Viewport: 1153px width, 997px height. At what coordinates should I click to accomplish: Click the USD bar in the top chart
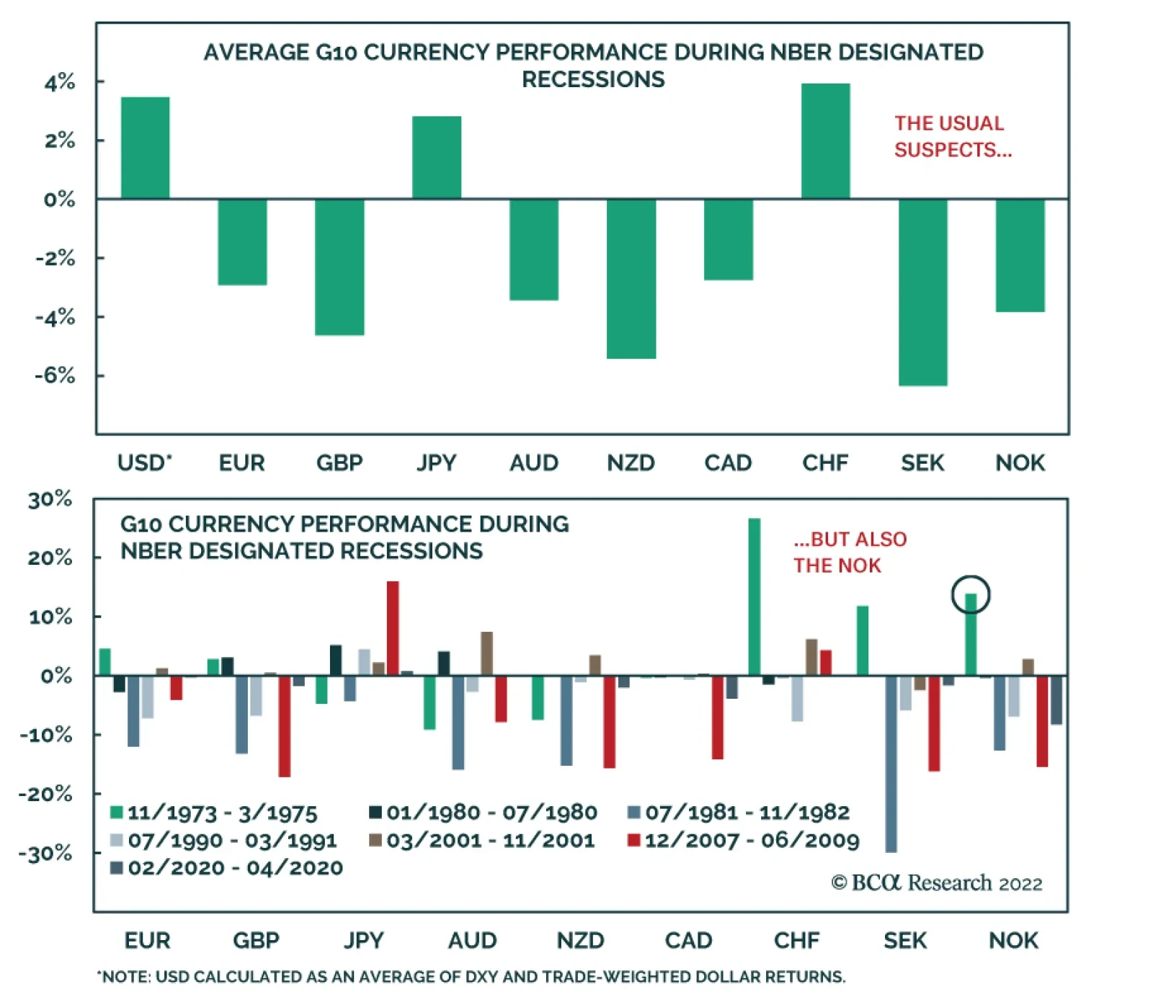145,148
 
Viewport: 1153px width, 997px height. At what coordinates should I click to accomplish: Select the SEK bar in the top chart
922,292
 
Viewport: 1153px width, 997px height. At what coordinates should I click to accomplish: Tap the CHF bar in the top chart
825,141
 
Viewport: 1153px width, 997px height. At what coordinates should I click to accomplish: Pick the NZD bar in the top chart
631,278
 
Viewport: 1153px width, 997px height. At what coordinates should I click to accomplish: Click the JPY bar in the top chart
437,157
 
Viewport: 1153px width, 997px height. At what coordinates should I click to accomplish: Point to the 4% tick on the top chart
59,82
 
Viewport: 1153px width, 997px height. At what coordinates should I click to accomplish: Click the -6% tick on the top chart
55,375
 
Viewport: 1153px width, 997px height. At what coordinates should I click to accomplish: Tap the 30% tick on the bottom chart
50,499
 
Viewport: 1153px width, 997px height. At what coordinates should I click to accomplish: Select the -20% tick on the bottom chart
45,794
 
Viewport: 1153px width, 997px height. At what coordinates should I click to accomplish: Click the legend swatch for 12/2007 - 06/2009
634,840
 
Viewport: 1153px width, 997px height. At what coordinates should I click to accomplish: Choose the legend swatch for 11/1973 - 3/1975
116,813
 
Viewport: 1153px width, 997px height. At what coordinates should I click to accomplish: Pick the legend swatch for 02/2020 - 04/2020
116,867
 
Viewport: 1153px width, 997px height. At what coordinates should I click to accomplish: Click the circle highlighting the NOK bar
971,595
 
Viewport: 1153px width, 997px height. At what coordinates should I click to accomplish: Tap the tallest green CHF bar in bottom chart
754,596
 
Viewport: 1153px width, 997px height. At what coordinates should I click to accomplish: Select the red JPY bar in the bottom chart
393,628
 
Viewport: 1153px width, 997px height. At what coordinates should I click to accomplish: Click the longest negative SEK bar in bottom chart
891,764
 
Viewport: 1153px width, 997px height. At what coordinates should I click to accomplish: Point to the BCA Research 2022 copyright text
937,883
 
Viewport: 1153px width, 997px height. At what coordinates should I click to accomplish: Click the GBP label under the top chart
339,462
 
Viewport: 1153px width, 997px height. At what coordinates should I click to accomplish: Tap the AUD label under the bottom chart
472,940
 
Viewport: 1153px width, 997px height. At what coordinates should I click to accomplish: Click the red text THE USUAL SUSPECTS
952,136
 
